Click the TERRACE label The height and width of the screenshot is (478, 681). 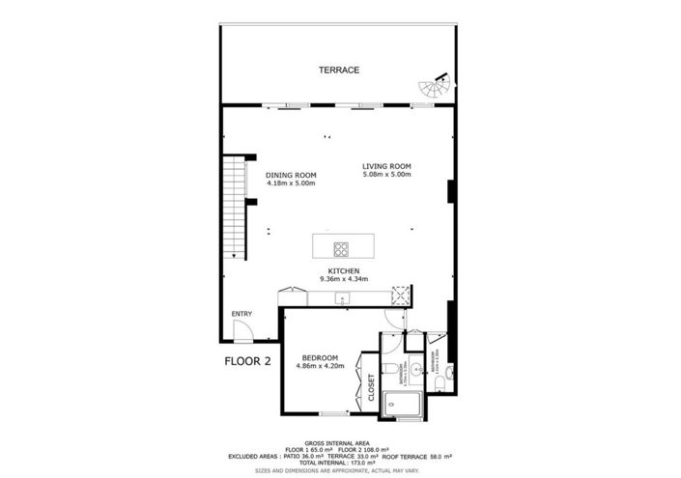pos(340,70)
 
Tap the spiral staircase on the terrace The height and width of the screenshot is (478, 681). pos(430,88)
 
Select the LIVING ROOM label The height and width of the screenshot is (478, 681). pos(386,165)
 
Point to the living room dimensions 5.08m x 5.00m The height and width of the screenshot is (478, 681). pos(386,175)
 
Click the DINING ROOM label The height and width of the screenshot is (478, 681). pos(291,175)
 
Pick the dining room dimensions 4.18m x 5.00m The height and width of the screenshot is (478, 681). pos(291,183)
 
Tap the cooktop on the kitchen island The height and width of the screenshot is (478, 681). pos(341,246)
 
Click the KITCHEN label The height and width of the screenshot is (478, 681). pos(344,270)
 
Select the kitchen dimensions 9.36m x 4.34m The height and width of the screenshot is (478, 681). pos(344,279)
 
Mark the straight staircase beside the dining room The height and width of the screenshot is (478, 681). pos(234,208)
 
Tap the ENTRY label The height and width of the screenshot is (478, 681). pos(241,314)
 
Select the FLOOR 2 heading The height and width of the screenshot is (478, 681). pos(247,361)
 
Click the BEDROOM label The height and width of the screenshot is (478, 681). pos(318,358)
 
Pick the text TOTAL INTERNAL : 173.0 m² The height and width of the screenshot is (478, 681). pos(340,463)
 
